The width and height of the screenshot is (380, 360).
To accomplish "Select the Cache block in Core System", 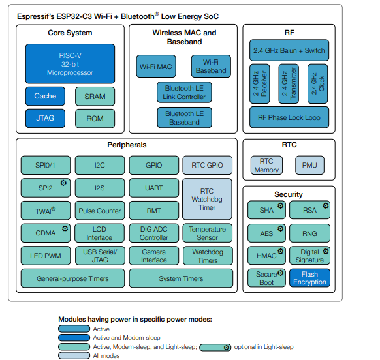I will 45,96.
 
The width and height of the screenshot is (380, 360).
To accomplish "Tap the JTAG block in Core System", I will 45,119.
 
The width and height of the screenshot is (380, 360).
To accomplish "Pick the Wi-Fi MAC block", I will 155,67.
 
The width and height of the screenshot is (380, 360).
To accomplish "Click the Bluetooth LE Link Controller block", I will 183,92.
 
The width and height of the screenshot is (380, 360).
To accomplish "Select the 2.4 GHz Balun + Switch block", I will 289,50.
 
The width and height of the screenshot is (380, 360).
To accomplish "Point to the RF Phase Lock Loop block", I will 289,117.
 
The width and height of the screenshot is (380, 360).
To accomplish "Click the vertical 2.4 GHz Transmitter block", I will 288,83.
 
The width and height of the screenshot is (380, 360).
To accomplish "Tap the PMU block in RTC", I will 309,165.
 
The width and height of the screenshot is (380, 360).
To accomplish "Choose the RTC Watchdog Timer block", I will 207,199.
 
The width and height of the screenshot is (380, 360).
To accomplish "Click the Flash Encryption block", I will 309,278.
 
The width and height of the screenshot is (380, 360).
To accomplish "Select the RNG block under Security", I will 309,233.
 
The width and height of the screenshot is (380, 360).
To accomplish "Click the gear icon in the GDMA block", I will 65,228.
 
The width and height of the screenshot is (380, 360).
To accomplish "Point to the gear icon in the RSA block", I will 325,205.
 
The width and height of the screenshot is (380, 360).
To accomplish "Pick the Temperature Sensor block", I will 207,233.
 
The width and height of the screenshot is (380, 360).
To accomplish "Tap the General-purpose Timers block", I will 72,278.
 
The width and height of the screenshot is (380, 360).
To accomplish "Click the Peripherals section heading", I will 127,145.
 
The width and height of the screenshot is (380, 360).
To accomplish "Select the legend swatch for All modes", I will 74,356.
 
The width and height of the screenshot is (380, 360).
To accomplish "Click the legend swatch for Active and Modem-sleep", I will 74,338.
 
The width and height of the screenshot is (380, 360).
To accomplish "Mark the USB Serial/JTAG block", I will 99,256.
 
